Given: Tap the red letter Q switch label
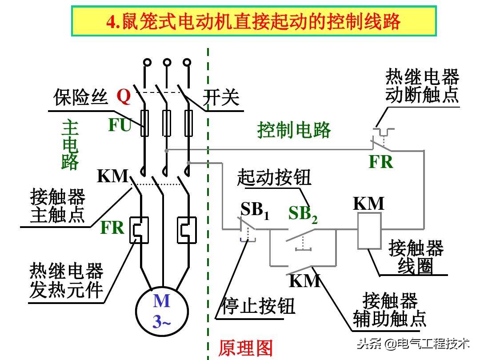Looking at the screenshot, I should (124, 96).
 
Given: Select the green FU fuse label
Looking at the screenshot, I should (120, 125).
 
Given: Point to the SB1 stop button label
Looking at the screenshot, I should (255, 210).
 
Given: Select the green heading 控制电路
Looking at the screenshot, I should (294, 130).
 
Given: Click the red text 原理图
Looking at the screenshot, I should (245, 348).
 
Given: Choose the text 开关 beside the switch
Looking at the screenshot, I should (221, 97).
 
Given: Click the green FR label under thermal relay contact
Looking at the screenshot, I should (381, 162).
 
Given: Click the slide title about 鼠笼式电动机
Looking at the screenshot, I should (253, 21).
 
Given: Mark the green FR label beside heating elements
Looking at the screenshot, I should (112, 228).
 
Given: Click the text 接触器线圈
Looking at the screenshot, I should (416, 257).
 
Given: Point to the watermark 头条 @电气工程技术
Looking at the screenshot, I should (413, 343).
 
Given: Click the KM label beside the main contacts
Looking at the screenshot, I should (112, 176).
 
